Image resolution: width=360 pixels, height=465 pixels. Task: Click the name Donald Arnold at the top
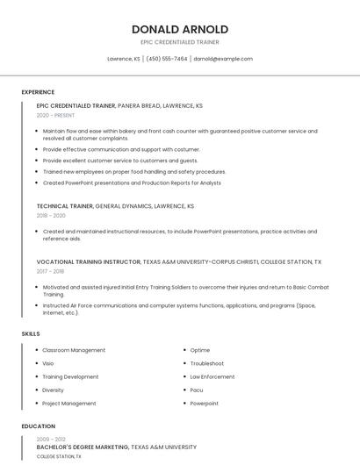180,29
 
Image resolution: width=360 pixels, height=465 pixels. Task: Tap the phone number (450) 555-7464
167,59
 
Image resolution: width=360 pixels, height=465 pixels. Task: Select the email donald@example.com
223,59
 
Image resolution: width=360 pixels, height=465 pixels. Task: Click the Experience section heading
38,92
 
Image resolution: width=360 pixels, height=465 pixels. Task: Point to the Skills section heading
31,333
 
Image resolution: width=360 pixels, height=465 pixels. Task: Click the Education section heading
38,426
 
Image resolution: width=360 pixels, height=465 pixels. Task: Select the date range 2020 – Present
55,115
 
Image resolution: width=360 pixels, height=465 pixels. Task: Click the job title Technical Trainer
64,206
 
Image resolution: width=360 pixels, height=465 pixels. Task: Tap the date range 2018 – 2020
51,215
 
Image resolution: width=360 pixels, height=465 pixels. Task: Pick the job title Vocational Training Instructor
88,261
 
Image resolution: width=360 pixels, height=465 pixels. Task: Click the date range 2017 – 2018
50,271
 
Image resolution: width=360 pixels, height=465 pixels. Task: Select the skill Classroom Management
74,350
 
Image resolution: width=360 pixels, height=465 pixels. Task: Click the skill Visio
48,363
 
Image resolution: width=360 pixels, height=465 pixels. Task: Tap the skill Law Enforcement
212,376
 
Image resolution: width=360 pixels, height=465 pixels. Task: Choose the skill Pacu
197,390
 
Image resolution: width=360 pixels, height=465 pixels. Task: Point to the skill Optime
199,350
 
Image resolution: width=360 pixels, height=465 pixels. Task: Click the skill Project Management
69,404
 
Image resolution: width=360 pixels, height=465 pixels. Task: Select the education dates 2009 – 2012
51,439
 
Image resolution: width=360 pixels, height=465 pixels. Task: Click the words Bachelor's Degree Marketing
82,447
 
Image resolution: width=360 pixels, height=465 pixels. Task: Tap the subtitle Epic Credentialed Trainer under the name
180,42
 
